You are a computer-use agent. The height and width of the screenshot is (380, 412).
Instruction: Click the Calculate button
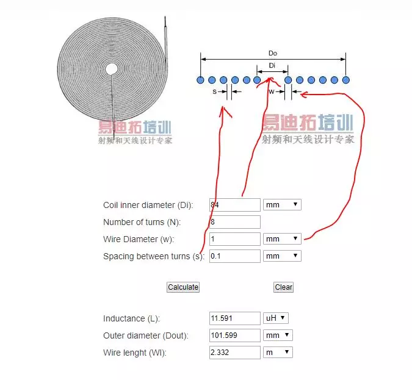click(x=183, y=287)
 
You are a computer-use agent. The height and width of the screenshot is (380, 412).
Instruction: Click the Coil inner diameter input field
click(x=234, y=205)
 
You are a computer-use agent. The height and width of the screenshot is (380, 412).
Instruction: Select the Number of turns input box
click(x=234, y=222)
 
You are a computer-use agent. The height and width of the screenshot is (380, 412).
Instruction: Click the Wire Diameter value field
click(x=234, y=239)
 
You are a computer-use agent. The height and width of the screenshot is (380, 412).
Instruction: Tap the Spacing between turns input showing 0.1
click(x=234, y=256)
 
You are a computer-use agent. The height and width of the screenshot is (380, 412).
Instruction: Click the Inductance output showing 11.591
click(x=234, y=318)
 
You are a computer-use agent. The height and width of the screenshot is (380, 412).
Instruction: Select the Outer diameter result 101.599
click(x=234, y=335)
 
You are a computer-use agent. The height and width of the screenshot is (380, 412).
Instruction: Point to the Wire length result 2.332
click(x=234, y=353)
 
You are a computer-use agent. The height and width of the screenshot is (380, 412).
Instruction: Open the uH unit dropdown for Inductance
click(x=275, y=318)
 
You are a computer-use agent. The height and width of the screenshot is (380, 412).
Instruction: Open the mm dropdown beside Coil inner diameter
click(x=282, y=205)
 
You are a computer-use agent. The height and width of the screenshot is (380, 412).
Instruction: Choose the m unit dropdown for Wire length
click(x=278, y=353)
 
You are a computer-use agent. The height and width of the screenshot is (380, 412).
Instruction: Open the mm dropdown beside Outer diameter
click(x=278, y=335)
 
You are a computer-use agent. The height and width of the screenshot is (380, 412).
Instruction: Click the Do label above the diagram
click(x=273, y=54)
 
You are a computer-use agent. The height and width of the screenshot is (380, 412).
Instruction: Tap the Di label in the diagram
click(x=272, y=65)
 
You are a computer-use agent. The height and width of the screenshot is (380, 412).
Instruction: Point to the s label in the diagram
click(x=214, y=91)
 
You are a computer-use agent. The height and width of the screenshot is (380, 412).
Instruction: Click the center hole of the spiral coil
click(x=112, y=70)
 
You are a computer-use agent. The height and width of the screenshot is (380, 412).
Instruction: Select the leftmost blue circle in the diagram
click(x=200, y=80)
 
